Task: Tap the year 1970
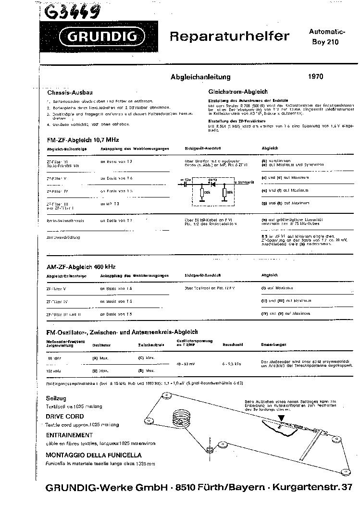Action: [316, 76]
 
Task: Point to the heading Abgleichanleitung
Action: [201, 76]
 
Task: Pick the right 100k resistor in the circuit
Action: [224, 193]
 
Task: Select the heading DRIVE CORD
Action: [64, 416]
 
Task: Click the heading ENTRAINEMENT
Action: [69, 435]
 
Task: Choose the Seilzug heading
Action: [56, 398]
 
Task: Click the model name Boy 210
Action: [327, 42]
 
